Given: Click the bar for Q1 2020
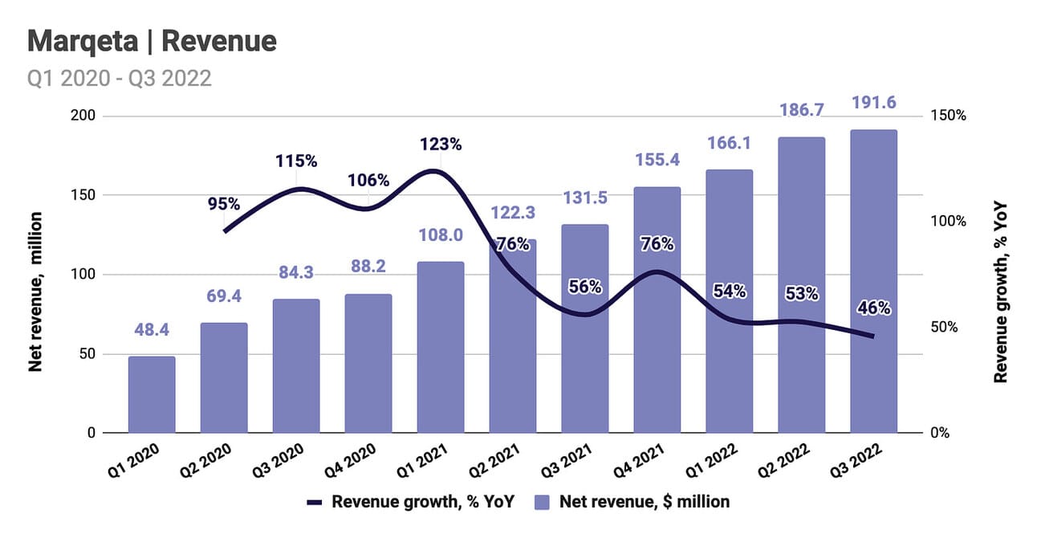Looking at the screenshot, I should pyautogui.click(x=152, y=394).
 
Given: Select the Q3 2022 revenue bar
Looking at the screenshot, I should pyautogui.click(x=873, y=281).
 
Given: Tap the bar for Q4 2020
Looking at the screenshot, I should pyautogui.click(x=368, y=364).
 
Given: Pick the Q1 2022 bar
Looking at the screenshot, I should pyautogui.click(x=729, y=301).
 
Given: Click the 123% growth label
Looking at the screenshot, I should pyautogui.click(x=441, y=145).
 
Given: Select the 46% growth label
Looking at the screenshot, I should pyautogui.click(x=873, y=308).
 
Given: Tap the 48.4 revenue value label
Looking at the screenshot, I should pyautogui.click(x=152, y=330).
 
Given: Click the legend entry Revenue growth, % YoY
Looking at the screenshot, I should pyautogui.click(x=410, y=502).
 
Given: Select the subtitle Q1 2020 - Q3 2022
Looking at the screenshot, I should pyautogui.click(x=120, y=79).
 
